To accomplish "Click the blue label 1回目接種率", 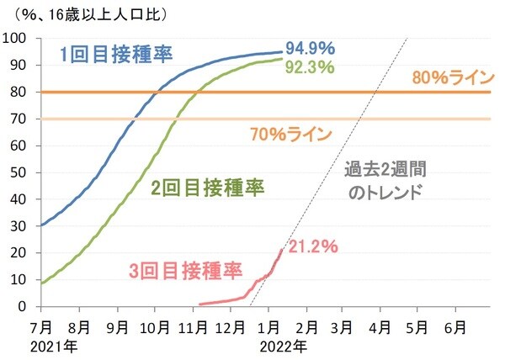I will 116,55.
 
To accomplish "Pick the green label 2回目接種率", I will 196,188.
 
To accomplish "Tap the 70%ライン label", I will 290,133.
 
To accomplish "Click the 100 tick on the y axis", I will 18,39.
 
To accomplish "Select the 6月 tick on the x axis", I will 455,326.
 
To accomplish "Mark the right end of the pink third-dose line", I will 282,249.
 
